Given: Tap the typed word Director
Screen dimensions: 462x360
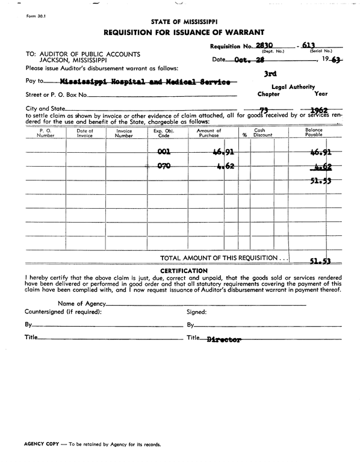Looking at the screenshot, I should click(223, 339).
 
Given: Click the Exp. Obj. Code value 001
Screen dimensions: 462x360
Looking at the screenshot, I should click(164, 152).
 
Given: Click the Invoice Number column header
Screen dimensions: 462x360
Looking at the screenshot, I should click(124, 133).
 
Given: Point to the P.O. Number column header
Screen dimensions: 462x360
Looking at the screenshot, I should click(46, 133).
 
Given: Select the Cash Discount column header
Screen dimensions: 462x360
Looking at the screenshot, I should click(259, 133).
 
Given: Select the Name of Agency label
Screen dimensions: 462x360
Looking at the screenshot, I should click(81, 303).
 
